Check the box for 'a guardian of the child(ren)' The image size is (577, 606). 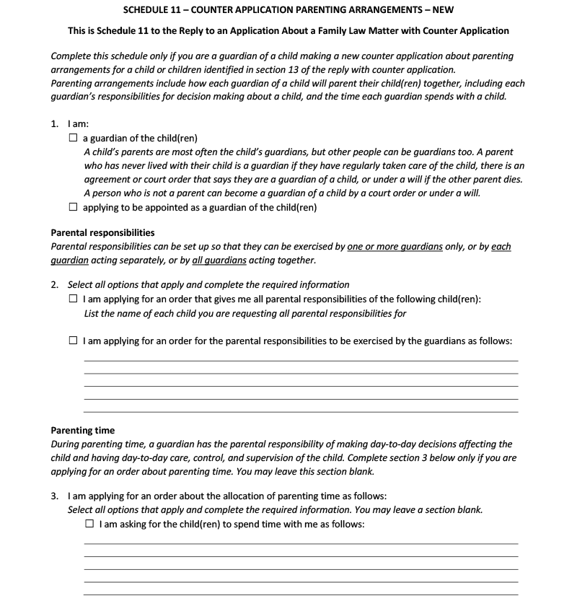pos(74,139)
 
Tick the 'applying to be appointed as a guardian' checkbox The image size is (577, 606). pos(74,207)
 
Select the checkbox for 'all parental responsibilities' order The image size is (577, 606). pos(74,299)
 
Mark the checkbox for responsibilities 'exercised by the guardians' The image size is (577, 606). pos(74,341)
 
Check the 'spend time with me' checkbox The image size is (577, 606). pos(90,524)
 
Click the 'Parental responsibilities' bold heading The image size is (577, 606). pos(102,233)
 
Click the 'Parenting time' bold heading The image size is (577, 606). pos(83,431)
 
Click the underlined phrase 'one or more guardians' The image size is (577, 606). pos(395,247)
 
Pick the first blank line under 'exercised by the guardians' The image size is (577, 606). pos(301,360)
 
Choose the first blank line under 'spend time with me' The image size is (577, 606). pos(301,543)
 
